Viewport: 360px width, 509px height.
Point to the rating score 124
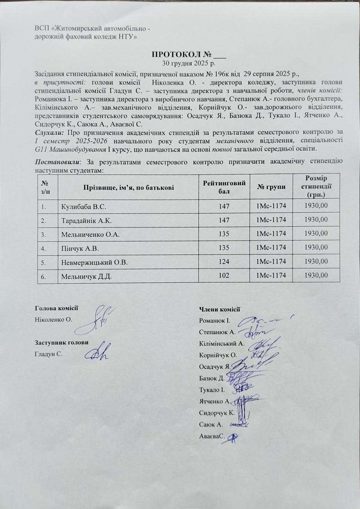(224, 263)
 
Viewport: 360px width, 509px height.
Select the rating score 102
(224, 277)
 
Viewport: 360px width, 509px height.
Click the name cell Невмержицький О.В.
(94, 263)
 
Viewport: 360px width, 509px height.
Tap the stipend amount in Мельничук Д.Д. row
(316, 276)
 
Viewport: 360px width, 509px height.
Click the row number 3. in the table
(44, 235)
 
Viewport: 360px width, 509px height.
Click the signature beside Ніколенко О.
(102, 317)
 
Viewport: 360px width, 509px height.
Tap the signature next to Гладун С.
(100, 353)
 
